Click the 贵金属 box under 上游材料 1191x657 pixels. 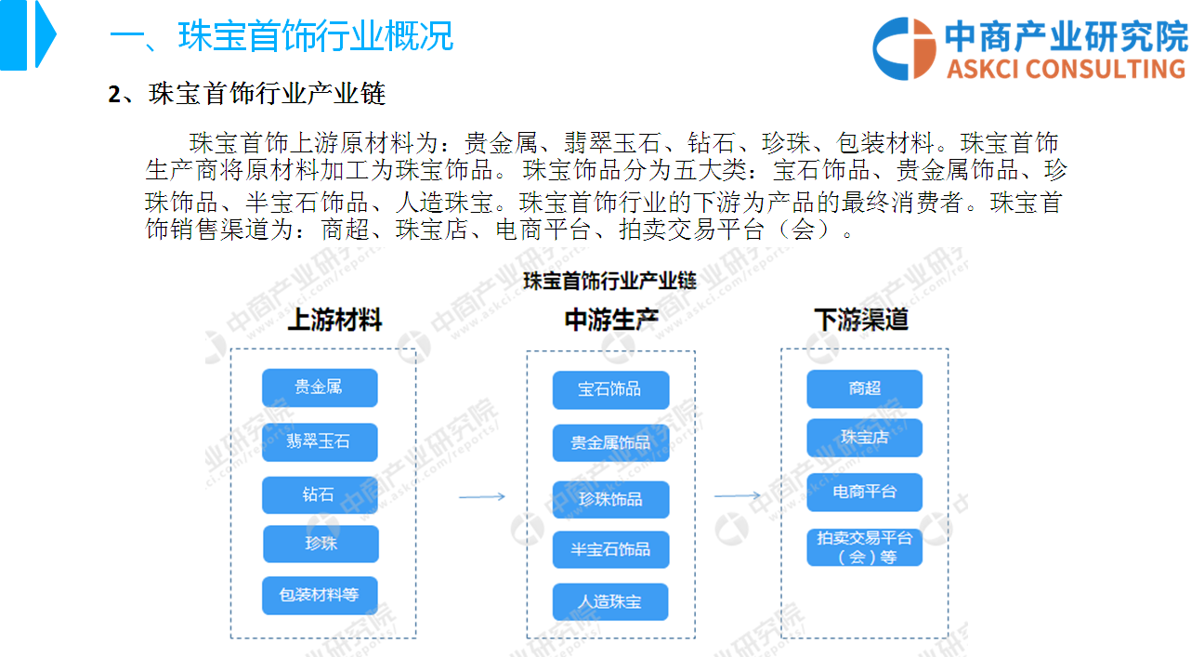click(x=320, y=388)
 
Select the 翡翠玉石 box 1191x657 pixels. click(x=320, y=441)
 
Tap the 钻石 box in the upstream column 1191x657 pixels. click(x=320, y=494)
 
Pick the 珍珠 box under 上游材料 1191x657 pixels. click(x=321, y=544)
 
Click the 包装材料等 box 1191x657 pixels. click(x=320, y=596)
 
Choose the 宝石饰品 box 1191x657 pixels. click(x=610, y=389)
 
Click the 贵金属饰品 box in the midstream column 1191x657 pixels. click(x=610, y=442)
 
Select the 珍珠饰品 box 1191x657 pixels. click(x=610, y=500)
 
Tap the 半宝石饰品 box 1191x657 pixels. click(x=610, y=549)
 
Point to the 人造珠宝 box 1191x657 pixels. click(x=610, y=601)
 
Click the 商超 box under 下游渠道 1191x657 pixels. click(x=865, y=388)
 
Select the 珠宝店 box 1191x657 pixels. click(x=865, y=438)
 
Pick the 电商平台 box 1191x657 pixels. click(x=865, y=493)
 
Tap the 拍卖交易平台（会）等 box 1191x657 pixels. click(x=865, y=547)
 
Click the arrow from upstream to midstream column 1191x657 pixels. click(x=482, y=497)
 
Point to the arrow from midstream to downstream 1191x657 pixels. click(x=738, y=496)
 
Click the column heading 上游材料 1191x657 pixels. click(x=335, y=320)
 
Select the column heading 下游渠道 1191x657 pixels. click(x=861, y=320)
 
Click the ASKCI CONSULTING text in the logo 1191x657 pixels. click(x=1067, y=69)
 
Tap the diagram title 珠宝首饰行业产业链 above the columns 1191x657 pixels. click(x=609, y=281)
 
